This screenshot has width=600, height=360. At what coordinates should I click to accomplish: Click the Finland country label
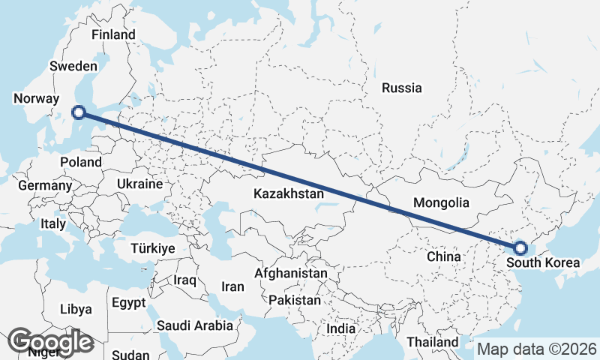coord(113,34)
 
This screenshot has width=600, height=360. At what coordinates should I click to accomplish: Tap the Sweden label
coord(73,66)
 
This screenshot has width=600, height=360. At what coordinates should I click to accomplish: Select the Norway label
coord(36,98)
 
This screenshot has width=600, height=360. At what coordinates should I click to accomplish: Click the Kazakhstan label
coord(289,193)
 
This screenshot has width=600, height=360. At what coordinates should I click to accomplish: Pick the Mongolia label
coord(441,202)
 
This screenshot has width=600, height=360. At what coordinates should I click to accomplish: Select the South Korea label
coord(543,262)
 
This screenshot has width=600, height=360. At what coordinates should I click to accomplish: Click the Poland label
coord(81,162)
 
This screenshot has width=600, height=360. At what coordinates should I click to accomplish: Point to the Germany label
coord(45,185)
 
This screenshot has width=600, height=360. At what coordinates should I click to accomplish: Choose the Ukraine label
coord(139,184)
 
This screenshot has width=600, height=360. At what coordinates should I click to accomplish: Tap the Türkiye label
coord(152,248)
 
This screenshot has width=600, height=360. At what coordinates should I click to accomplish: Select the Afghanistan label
coord(290,273)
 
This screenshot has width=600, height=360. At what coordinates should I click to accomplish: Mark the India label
coord(340,328)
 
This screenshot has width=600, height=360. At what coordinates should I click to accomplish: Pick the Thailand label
coord(433,342)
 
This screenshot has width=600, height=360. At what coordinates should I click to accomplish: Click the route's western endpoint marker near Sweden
coord(78,113)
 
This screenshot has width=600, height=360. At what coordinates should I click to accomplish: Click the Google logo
coord(51,343)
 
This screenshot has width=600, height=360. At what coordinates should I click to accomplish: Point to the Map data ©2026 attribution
coord(537,349)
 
